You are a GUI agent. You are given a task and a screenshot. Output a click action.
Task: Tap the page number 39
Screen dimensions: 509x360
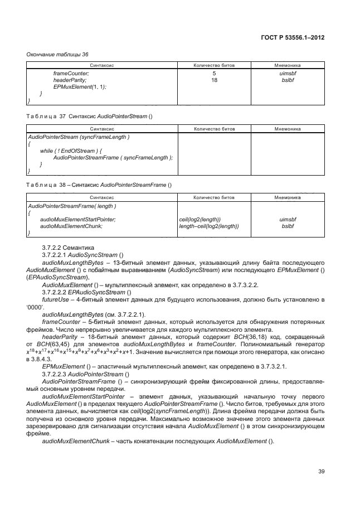point(322,472)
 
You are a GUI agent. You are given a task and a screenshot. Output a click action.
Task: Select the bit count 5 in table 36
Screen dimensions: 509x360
point(214,73)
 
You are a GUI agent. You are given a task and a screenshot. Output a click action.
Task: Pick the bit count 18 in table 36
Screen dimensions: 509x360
point(214,80)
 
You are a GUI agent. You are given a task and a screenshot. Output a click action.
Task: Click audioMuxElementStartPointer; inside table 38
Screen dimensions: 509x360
point(78,219)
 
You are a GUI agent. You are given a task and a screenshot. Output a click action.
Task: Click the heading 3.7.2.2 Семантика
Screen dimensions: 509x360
point(68,246)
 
